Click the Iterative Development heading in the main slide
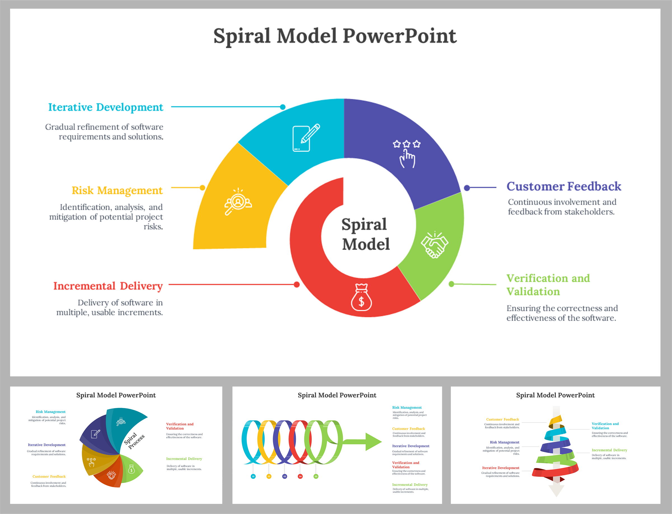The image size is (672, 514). click(106, 107)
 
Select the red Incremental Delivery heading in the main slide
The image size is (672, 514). click(108, 286)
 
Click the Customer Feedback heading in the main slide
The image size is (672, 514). click(564, 186)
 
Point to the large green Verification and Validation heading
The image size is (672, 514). click(548, 284)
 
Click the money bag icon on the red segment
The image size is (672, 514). click(361, 297)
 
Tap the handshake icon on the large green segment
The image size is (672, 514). click(434, 245)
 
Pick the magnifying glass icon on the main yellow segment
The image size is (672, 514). click(238, 202)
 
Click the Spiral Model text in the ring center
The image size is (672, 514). click(365, 234)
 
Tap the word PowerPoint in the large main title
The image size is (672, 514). click(399, 36)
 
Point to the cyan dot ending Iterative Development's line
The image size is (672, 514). click(283, 107)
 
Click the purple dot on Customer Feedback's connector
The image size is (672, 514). click(467, 188)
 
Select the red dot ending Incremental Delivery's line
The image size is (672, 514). click(297, 284)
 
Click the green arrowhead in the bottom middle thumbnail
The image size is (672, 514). click(373, 442)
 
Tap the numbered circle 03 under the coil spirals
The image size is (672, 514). click(284, 476)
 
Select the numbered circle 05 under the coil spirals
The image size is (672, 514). click(316, 476)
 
